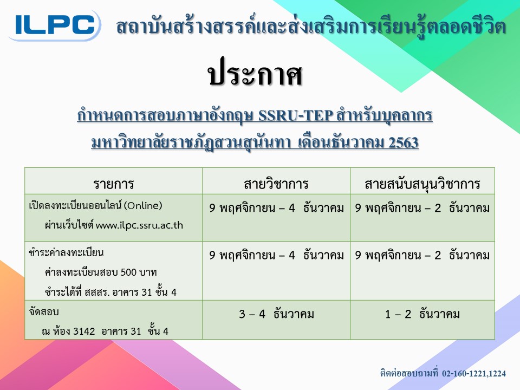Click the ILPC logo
tap(55, 25)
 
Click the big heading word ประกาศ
tap(255, 74)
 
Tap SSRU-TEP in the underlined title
tap(296, 116)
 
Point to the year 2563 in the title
tap(403, 143)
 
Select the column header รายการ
tap(113, 184)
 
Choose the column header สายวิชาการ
tap(276, 184)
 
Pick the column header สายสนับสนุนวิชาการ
tap(422, 184)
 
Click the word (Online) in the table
tap(143, 206)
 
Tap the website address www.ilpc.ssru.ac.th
tap(139, 225)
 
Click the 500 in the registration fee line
tap(128, 272)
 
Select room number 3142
tap(84, 331)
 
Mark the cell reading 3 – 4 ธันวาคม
tap(276, 314)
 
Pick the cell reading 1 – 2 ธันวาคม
tap(422, 314)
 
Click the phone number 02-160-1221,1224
tap(474, 373)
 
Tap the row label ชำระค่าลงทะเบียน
tap(66, 253)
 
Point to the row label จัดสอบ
tap(44, 312)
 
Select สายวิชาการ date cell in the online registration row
tap(276, 208)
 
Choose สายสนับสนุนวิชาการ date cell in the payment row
tap(422, 255)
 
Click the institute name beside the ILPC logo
tap(311, 27)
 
